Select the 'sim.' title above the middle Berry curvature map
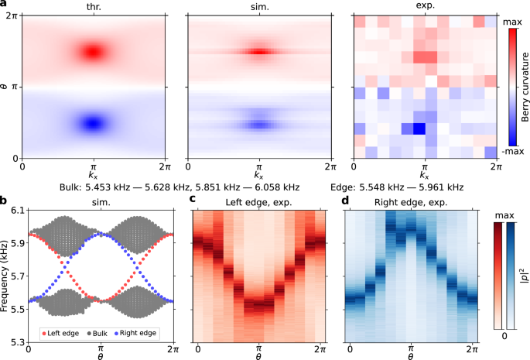coord(258,6)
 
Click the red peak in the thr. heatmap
coord(94,52)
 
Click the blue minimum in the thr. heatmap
coord(94,122)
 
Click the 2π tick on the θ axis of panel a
coord(12,16)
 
